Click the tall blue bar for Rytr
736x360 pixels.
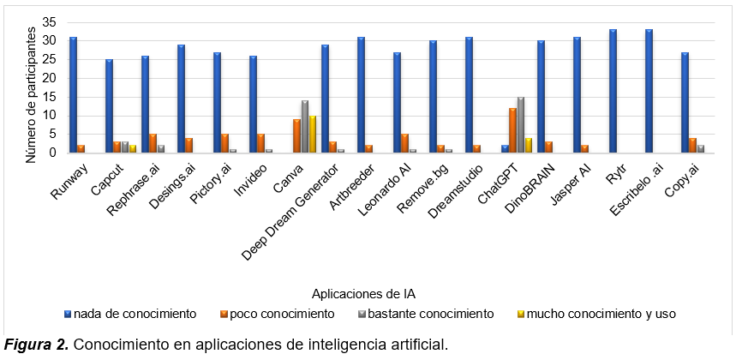coord(613,92)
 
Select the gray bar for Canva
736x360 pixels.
coord(304,127)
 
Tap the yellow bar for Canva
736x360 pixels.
coord(313,135)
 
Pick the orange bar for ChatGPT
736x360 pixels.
coord(512,130)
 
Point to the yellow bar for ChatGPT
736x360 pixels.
coord(529,146)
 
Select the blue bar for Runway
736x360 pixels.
coord(74,95)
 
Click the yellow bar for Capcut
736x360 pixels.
coord(133,149)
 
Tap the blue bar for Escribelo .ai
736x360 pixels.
coord(649,92)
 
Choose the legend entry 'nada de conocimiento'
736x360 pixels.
coord(134,314)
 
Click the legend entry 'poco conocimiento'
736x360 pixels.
coord(279,314)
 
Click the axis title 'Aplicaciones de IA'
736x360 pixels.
coord(361,293)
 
